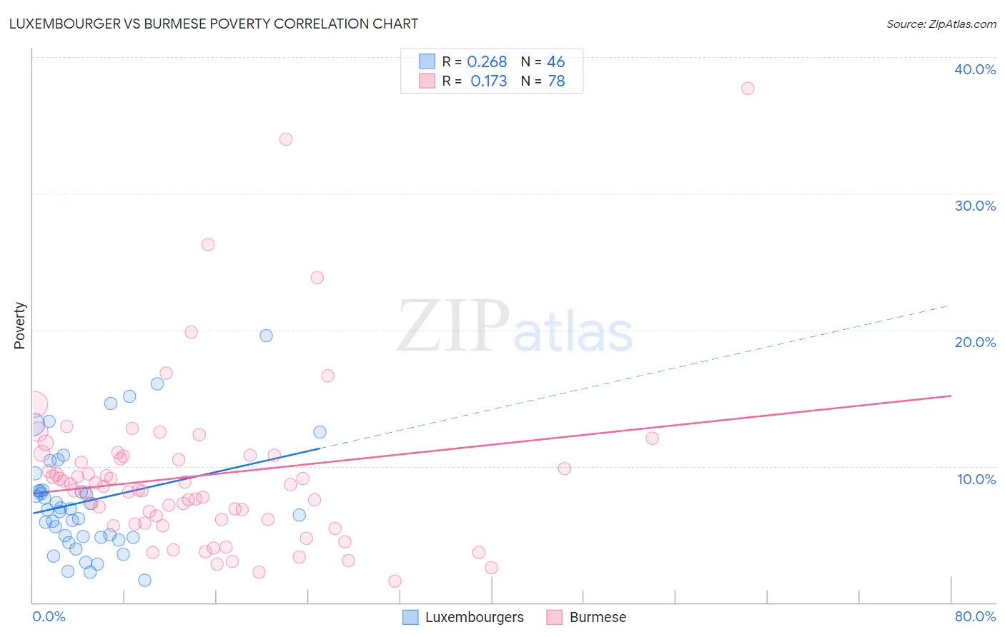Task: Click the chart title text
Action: pos(213,24)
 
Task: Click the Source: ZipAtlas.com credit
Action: pos(941,24)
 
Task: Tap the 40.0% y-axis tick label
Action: pos(975,69)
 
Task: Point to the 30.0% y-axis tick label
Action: pos(975,206)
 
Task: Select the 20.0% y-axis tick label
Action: pos(975,342)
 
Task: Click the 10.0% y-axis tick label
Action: pos(976,479)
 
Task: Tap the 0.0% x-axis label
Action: pos(49,616)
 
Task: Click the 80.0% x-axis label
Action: pos(975,616)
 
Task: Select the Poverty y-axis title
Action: pos(19,326)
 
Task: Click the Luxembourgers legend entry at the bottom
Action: pos(473,617)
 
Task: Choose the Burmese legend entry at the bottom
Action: pos(597,617)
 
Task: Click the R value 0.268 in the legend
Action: pos(487,62)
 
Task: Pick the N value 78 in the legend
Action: pos(556,81)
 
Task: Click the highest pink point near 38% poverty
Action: pos(748,89)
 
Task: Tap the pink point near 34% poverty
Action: pos(286,139)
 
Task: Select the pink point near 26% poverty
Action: pos(208,244)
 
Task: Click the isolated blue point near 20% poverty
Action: pos(266,336)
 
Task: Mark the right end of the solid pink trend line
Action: pos(951,396)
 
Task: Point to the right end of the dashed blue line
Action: pos(949,306)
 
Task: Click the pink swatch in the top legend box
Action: pos(427,81)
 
